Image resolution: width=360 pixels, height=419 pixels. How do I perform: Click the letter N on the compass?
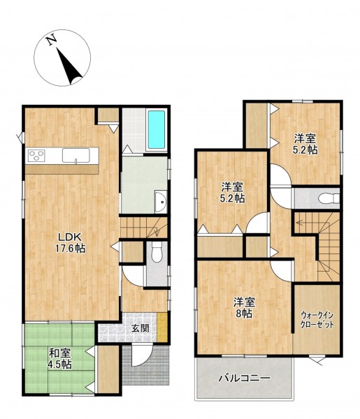[x=51, y=40]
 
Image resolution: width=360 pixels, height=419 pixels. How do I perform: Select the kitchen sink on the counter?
[x=76, y=155]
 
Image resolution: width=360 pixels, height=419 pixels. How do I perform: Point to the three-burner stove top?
[x=36, y=156]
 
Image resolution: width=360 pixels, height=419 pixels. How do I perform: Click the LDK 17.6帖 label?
[x=71, y=242]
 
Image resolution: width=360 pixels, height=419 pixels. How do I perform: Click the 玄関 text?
[x=140, y=328]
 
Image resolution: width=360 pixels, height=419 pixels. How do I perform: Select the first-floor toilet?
[x=157, y=251]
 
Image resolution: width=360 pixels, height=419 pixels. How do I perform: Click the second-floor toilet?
[x=329, y=198]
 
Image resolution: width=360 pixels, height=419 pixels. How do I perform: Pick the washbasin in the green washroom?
[x=161, y=203]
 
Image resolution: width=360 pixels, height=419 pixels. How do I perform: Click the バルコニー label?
[x=245, y=378]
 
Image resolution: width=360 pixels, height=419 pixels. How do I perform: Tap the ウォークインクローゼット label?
[x=317, y=320]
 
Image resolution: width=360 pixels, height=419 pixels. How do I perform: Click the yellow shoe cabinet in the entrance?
[x=162, y=327]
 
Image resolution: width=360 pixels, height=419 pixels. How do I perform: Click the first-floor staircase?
[x=143, y=228]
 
